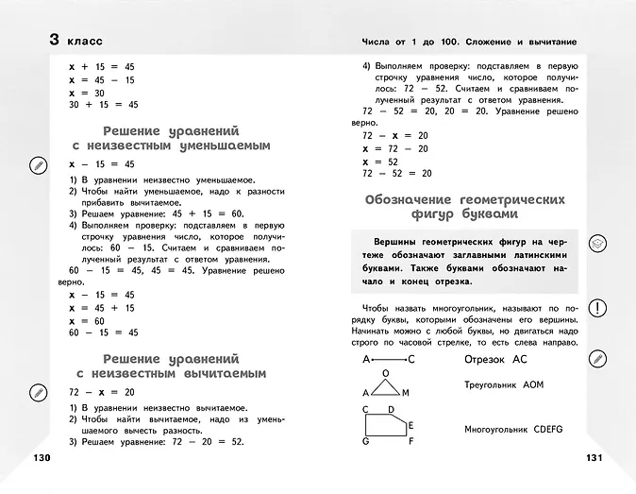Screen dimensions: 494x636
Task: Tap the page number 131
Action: coord(593,459)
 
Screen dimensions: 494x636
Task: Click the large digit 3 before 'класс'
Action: coord(56,41)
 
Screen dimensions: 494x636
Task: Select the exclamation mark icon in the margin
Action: coord(597,308)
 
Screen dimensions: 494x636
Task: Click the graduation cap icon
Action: coord(597,243)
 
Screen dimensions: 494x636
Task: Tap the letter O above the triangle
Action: coord(385,372)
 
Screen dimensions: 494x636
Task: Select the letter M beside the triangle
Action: coord(406,393)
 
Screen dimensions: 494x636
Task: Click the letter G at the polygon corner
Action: coord(364,452)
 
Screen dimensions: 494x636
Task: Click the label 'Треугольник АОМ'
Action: coord(504,385)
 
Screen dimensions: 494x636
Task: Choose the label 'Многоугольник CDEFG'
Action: coord(513,429)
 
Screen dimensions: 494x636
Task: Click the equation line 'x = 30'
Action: coord(87,94)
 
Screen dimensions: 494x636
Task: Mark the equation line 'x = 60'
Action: coord(87,321)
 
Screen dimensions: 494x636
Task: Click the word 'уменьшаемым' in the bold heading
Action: coord(223,146)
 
